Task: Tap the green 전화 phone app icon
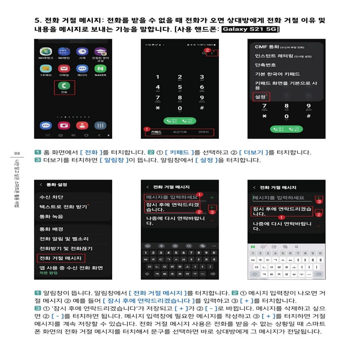tap(64, 87)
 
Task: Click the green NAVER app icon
tap(100, 68)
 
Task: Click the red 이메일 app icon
tap(64, 68)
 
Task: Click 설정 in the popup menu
tap(261, 96)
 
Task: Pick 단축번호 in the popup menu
tap(266, 65)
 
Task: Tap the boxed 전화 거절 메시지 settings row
tap(60, 258)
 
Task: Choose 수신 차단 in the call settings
tap(52, 197)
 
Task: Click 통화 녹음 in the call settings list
tap(52, 217)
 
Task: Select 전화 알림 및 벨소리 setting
tap(64, 238)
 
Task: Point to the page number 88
tap(17, 153)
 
